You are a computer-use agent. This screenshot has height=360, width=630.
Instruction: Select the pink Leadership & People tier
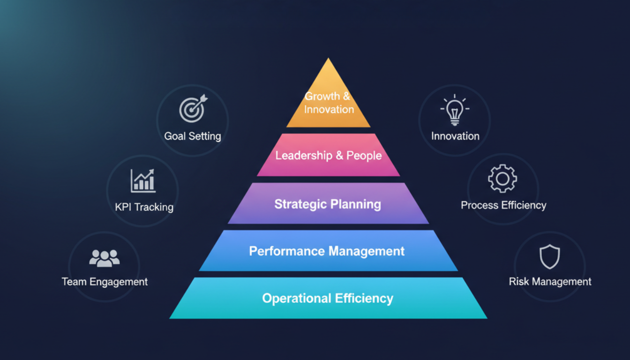(x=328, y=156)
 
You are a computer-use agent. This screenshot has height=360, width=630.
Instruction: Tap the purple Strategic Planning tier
(x=328, y=204)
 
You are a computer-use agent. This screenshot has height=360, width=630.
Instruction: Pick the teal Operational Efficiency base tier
(x=328, y=299)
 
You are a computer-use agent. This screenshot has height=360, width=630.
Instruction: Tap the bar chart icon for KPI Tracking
(x=143, y=180)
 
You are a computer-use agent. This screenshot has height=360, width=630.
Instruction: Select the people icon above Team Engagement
(x=104, y=258)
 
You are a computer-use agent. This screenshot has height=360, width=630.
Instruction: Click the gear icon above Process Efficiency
(x=502, y=178)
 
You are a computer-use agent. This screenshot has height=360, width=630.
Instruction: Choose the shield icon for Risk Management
(x=549, y=256)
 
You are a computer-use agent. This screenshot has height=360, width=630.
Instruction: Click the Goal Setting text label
(x=193, y=136)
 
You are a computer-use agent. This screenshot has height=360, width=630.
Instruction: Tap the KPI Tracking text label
(x=144, y=207)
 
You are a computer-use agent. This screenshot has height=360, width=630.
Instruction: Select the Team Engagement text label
(x=105, y=282)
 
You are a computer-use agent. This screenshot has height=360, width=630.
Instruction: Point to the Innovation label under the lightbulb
(x=455, y=136)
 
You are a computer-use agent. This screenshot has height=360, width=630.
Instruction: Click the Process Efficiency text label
(x=503, y=205)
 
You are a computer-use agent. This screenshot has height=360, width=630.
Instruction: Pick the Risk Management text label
(x=550, y=282)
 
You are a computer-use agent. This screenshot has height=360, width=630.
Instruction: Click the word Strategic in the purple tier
(x=300, y=204)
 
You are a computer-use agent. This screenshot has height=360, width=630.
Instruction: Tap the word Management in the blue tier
(x=367, y=251)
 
